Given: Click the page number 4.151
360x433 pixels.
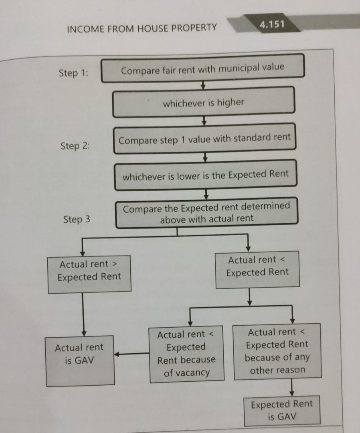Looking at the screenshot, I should [x=272, y=24].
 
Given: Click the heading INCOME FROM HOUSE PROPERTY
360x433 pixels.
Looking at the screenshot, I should [x=142, y=28].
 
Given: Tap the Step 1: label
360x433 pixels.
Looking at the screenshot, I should [x=74, y=73].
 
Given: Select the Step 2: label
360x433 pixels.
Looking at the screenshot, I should [x=75, y=146].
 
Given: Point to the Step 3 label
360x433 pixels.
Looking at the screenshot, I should [x=77, y=220].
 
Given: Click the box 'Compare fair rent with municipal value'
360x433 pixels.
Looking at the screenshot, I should [x=202, y=69].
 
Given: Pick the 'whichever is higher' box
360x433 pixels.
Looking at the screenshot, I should [x=203, y=103].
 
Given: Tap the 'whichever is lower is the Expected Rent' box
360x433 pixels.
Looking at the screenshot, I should [x=206, y=175].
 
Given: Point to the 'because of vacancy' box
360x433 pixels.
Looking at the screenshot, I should [x=186, y=353].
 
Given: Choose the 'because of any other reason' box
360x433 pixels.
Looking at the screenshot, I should [x=277, y=351].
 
